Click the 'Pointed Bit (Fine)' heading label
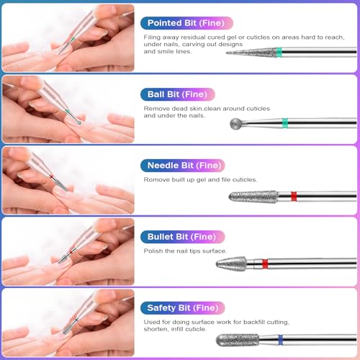183,23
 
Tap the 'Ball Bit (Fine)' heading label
176,94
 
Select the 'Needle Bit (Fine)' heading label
181,165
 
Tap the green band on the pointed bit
279,52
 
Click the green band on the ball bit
285,122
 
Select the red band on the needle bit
293,196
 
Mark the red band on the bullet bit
265,263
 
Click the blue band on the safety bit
279,338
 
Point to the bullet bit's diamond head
230,263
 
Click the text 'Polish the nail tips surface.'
185,251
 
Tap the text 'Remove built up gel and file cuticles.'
200,179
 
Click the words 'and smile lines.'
168,52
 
